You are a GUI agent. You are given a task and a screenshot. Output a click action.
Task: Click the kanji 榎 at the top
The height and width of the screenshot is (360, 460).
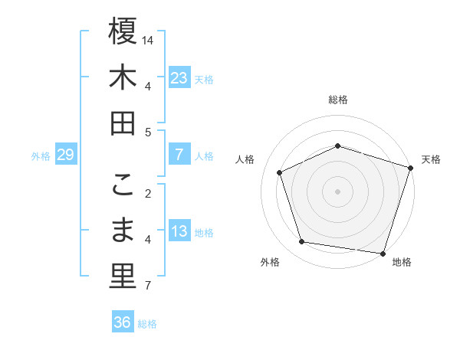click(x=123, y=31)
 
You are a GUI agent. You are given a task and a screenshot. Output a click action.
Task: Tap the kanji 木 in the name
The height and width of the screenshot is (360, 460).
click(x=123, y=77)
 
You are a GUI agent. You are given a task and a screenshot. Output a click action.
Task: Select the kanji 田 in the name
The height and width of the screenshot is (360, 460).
click(x=123, y=123)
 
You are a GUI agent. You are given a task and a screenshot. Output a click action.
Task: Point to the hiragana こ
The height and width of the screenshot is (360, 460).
click(x=123, y=185)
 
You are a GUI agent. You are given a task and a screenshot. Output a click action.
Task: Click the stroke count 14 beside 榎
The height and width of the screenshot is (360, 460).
click(x=148, y=39)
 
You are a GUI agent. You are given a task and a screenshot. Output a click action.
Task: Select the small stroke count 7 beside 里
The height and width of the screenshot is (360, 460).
click(x=148, y=286)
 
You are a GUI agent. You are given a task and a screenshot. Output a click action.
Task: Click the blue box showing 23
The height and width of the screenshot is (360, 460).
click(x=179, y=77)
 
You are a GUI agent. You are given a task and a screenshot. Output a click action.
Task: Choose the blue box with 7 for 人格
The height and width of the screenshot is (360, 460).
click(x=179, y=155)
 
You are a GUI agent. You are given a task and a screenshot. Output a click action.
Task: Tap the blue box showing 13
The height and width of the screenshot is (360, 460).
click(x=179, y=231)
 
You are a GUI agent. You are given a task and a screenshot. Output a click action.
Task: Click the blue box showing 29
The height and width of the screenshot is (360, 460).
click(x=65, y=155)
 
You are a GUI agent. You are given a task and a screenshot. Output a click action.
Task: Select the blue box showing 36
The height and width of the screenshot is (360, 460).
click(x=123, y=322)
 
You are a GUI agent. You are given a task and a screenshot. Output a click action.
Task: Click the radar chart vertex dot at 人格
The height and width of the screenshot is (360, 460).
click(x=280, y=172)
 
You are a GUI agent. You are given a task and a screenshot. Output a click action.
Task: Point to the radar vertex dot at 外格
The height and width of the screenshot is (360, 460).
click(x=302, y=242)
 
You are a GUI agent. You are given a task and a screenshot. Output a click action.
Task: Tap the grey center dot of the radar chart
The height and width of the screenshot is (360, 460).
click(x=337, y=191)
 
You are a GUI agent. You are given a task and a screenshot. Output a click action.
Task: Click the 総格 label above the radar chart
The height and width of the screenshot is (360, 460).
click(x=337, y=100)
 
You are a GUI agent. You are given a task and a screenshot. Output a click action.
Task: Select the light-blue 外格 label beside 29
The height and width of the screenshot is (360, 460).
click(x=41, y=155)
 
